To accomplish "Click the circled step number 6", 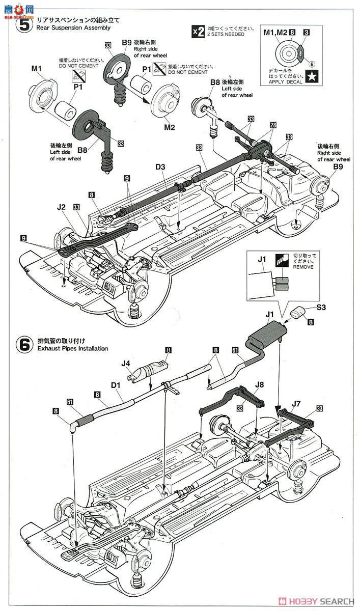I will (x=23, y=344).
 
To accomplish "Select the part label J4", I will (x=126, y=363).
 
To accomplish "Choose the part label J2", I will (x=62, y=207).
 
